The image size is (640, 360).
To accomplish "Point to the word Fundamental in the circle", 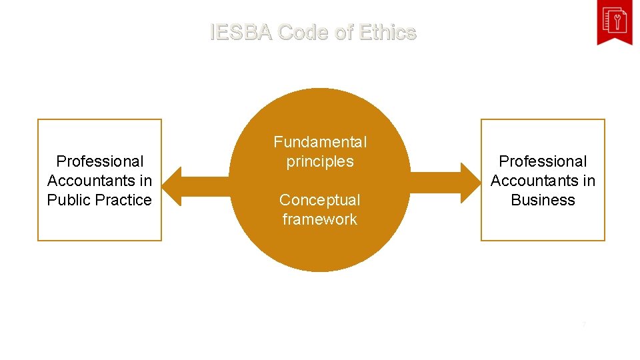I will (x=320, y=142).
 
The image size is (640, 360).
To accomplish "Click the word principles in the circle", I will (x=320, y=161).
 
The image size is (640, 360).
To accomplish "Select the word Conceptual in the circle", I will (x=320, y=200).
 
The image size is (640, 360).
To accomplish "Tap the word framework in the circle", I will (x=320, y=219).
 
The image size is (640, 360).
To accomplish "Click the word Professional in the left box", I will (x=100, y=161).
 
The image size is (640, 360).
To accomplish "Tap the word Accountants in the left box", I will (x=91, y=181).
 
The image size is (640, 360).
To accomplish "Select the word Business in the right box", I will (x=543, y=200).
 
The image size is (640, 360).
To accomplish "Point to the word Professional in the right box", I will (x=543, y=161).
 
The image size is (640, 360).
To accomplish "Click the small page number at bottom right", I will (x=584, y=325).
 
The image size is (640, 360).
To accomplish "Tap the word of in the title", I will (x=343, y=32).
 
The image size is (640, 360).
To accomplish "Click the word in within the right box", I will (x=589, y=181).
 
